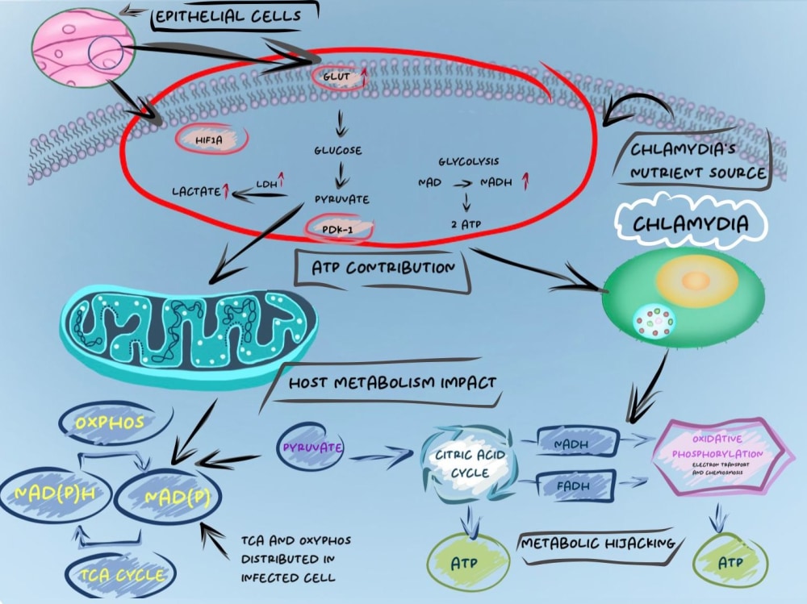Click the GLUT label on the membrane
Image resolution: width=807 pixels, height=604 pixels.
pos(337,77)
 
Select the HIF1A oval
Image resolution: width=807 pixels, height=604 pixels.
pos(211,139)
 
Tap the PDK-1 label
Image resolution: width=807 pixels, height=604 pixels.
pos(337,229)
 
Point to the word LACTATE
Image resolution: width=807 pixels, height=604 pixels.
pos(196,192)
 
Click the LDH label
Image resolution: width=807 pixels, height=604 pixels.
pos(266,184)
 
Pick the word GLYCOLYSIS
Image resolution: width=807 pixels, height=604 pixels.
pos(468,161)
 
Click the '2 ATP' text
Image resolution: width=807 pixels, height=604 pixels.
pos(466,224)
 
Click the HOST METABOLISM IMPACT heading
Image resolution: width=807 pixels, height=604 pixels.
pos(393,383)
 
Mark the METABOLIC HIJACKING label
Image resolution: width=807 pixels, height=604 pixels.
pos(597,544)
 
